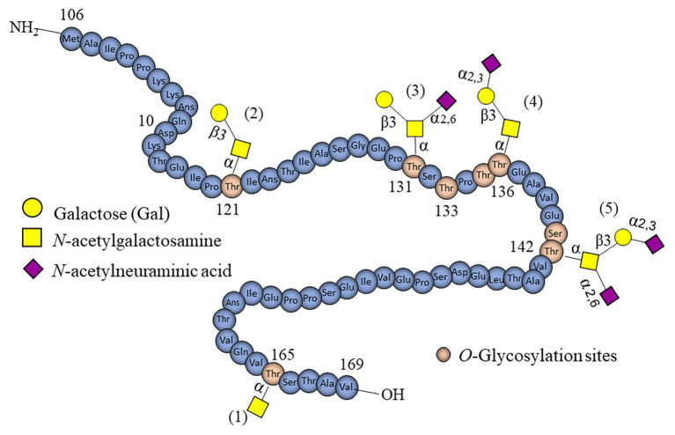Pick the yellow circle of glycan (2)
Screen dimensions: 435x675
(220, 113)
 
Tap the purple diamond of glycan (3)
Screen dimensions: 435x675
(446, 100)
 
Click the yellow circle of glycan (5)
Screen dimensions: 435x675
(624, 237)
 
